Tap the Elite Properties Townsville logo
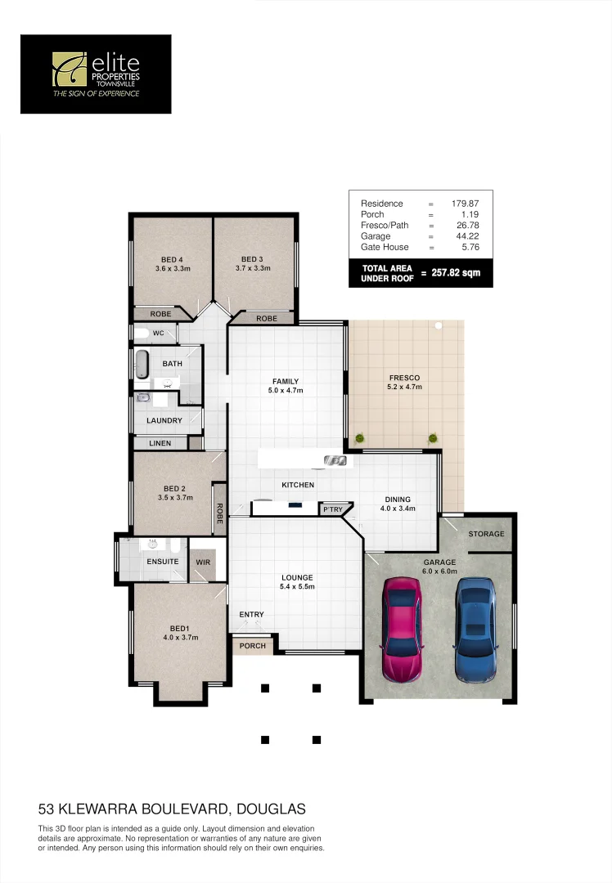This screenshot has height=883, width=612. click(96, 74)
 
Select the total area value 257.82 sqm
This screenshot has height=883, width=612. click(456, 274)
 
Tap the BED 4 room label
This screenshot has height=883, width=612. click(173, 259)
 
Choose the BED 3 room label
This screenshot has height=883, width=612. click(252, 259)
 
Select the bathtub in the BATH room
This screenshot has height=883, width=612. click(142, 364)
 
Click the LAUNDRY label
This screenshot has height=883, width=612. click(164, 421)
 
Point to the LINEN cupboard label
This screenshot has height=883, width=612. click(160, 443)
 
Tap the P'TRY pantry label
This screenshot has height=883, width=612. click(332, 509)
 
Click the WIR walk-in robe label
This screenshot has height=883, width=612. click(201, 563)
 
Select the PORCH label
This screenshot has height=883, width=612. click(252, 646)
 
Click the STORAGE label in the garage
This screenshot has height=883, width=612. click(486, 534)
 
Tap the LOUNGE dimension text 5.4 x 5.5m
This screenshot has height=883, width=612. click(297, 587)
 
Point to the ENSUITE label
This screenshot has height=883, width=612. click(162, 563)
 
